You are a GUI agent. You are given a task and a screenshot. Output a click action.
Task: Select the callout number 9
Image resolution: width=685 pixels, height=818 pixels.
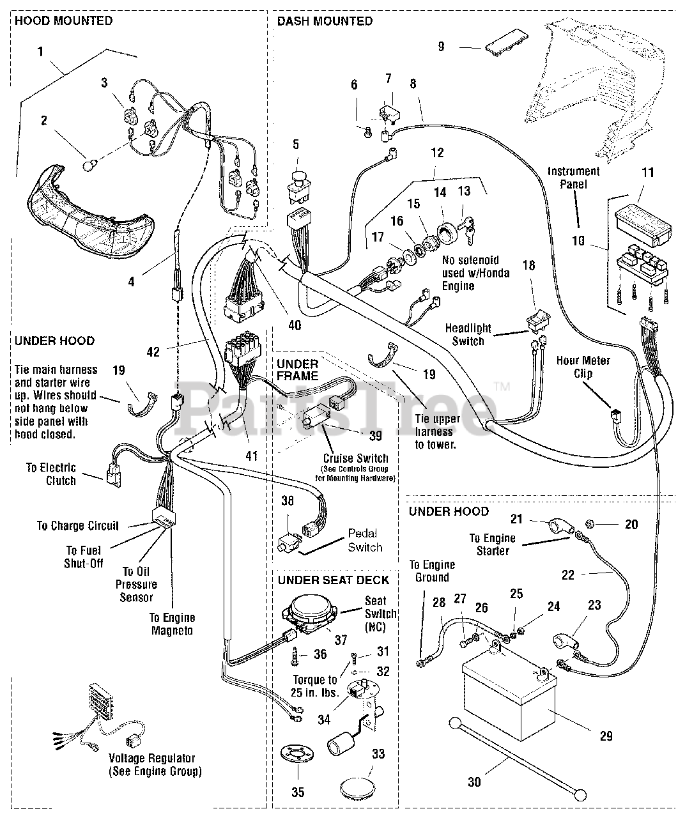(440, 47)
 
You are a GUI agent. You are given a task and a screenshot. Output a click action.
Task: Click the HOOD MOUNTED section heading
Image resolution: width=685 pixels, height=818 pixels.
(63, 20)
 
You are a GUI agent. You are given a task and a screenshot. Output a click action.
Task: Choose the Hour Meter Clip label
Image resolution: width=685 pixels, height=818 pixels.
(583, 367)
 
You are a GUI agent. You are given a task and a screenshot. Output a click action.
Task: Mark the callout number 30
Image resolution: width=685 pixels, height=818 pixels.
(474, 781)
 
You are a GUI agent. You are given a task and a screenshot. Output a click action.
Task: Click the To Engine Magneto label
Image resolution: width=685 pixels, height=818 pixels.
(172, 624)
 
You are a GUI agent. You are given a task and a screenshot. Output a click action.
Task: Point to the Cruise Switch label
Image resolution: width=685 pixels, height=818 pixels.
(355, 458)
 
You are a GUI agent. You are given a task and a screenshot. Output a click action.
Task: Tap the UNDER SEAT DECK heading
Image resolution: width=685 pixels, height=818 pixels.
(332, 580)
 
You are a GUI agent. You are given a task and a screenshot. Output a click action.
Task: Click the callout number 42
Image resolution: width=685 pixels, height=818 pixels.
(153, 351)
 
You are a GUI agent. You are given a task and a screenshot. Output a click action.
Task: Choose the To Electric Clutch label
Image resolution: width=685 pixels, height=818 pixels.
(51, 474)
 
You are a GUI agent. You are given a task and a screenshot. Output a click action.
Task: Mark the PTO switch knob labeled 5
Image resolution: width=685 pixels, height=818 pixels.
(296, 178)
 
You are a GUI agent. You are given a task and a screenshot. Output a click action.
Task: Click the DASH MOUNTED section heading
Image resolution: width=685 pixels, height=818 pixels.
(324, 20)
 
